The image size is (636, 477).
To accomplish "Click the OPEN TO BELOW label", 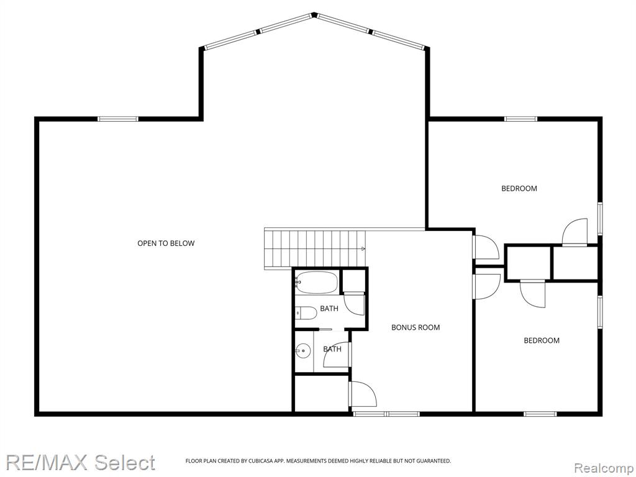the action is click(x=166, y=243).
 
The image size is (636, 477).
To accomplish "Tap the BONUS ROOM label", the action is click(x=416, y=327).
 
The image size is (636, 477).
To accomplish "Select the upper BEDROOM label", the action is click(x=519, y=188).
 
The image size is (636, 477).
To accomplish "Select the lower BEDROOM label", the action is click(x=542, y=340).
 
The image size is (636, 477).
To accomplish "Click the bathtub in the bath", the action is click(x=316, y=283).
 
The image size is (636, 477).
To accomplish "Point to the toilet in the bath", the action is click(x=306, y=313).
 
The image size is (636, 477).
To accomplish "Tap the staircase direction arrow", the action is click(x=363, y=248).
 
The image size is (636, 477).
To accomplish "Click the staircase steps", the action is click(x=315, y=249).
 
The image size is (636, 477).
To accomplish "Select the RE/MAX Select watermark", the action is click(x=80, y=462).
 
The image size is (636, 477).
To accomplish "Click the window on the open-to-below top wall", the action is click(x=118, y=119).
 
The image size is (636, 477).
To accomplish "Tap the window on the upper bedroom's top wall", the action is click(x=521, y=119).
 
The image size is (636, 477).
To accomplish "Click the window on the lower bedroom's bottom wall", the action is click(x=540, y=414).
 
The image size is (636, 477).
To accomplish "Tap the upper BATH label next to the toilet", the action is click(x=329, y=309).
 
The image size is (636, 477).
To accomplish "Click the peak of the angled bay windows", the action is click(x=314, y=15).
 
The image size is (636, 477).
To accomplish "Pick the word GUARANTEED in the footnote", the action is click(x=435, y=461).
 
